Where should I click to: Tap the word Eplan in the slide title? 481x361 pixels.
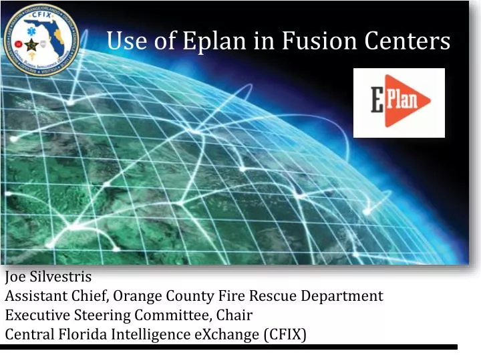point(213,42)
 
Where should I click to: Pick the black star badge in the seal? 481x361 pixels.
point(32,49)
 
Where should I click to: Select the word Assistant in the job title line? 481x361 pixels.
point(35,296)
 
